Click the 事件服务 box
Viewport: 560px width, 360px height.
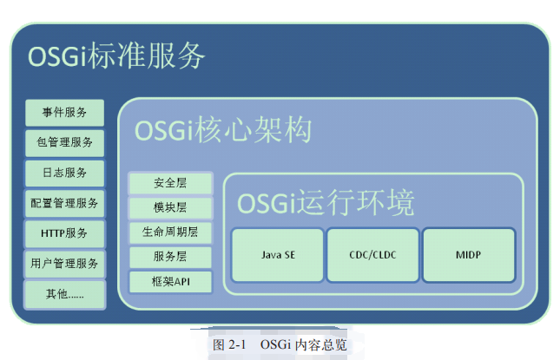[64, 112]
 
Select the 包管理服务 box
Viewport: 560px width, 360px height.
[64, 142]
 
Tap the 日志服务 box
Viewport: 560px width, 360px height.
[64, 173]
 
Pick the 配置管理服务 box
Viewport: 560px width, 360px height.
[64, 203]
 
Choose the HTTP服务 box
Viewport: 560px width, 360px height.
[64, 233]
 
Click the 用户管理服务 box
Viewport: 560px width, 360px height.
[64, 263]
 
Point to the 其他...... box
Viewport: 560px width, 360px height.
[64, 293]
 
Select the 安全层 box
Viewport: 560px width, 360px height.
[171, 183]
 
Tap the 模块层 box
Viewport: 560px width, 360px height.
[171, 207]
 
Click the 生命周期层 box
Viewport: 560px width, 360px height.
[171, 232]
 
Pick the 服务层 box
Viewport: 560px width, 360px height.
[171, 257]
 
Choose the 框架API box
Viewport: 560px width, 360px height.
[171, 281]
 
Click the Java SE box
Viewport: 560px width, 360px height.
[278, 255]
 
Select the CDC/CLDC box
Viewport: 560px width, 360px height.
[373, 255]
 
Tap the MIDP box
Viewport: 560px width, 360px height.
[469, 255]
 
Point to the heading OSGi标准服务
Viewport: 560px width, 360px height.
[116, 56]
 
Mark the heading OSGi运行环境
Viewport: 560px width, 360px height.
[326, 202]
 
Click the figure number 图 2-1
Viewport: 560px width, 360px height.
[230, 344]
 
